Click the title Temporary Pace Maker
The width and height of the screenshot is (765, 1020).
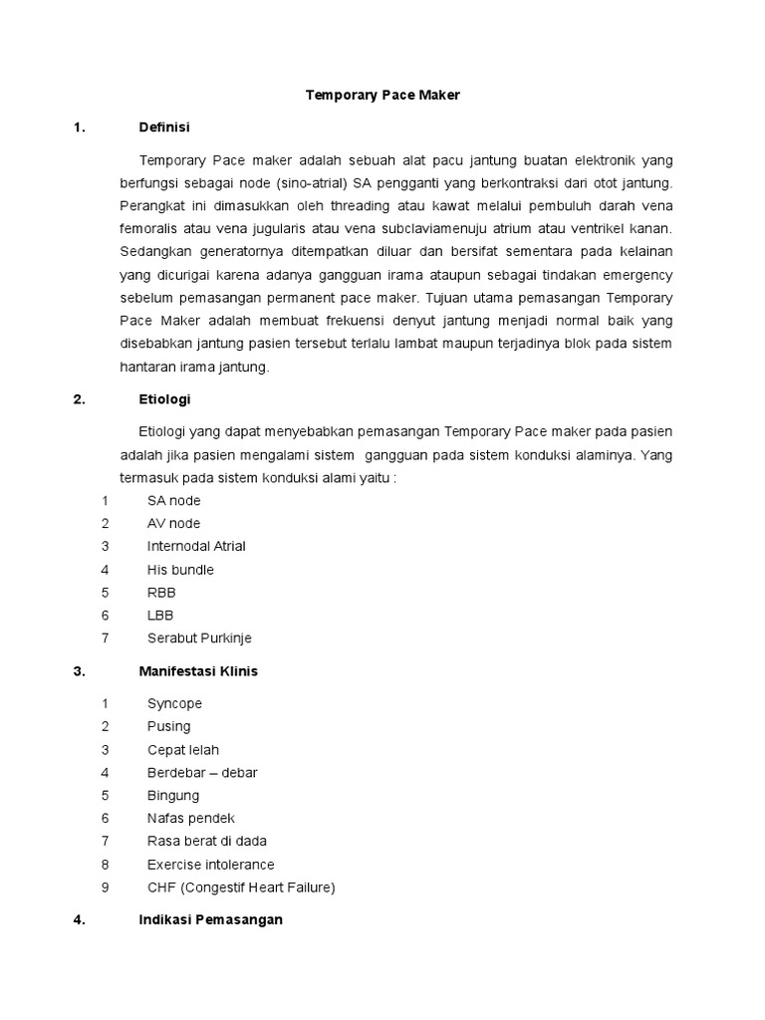coord(382,95)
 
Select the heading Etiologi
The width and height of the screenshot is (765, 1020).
coord(164,399)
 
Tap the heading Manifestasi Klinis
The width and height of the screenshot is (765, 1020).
coord(197,671)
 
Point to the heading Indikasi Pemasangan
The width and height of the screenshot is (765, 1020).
coord(210,919)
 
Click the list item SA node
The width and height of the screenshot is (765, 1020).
coord(173,500)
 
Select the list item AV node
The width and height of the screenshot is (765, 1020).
coord(173,523)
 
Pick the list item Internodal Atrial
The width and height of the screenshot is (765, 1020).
coord(196,546)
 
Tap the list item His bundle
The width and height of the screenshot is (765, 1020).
coord(180,570)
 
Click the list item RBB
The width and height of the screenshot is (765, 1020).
coord(161,593)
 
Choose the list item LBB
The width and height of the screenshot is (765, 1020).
coord(160,616)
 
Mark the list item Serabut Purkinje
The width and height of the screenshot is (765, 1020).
coord(199,638)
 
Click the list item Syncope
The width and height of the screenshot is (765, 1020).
coord(174,703)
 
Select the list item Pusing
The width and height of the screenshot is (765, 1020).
coord(168,726)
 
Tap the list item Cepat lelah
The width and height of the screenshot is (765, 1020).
coord(183,749)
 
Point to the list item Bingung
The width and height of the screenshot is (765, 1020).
coord(173,795)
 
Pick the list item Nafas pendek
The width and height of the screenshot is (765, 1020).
coord(190,818)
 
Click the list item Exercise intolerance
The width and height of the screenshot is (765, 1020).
coord(210,864)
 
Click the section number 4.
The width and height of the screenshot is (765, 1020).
coord(79,919)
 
